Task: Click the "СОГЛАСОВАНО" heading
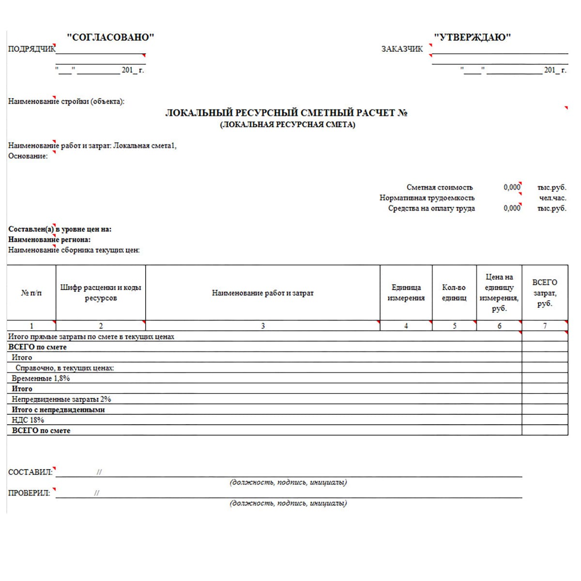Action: (x=110, y=37)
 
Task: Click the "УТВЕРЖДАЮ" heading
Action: (x=472, y=37)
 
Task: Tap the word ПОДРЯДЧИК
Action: (x=31, y=49)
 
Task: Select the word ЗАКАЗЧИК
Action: (x=402, y=49)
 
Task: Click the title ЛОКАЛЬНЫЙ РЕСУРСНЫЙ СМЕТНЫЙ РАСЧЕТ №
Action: (x=286, y=113)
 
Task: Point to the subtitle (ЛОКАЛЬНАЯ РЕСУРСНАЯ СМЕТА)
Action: (x=287, y=124)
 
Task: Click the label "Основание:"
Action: (x=28, y=156)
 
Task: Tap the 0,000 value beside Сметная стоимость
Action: (x=511, y=187)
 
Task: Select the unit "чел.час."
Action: (x=552, y=198)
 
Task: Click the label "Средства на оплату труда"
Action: (x=431, y=208)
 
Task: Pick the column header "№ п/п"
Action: (x=31, y=293)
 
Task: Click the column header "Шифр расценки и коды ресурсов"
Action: (x=101, y=293)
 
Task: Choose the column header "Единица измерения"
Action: (x=406, y=293)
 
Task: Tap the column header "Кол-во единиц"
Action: (x=454, y=293)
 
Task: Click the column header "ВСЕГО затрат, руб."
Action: (x=544, y=293)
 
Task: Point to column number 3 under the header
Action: (x=263, y=326)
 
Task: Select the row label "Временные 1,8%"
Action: (x=41, y=378)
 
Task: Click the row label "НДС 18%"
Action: (x=28, y=420)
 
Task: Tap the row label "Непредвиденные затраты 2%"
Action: (x=61, y=399)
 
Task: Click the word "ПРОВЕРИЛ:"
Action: (x=29, y=493)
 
